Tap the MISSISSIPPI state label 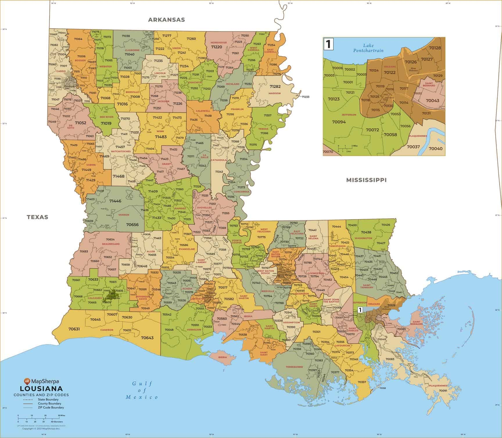pyautogui.click(x=366, y=180)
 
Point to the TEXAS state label pyautogui.click(x=37, y=217)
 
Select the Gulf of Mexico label pyautogui.click(x=142, y=390)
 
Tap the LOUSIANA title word pyautogui.click(x=41, y=389)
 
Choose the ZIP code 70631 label pyautogui.click(x=74, y=329)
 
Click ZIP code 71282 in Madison pyautogui.click(x=275, y=86)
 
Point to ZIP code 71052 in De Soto pyautogui.click(x=80, y=123)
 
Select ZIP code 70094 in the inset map pyautogui.click(x=339, y=122)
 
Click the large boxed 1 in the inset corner pyautogui.click(x=329, y=44)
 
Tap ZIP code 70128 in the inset pyautogui.click(x=435, y=48)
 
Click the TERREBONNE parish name pyautogui.click(x=294, y=367)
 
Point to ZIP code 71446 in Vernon pyautogui.click(x=115, y=201)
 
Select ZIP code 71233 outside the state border pyautogui.click(x=305, y=97)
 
